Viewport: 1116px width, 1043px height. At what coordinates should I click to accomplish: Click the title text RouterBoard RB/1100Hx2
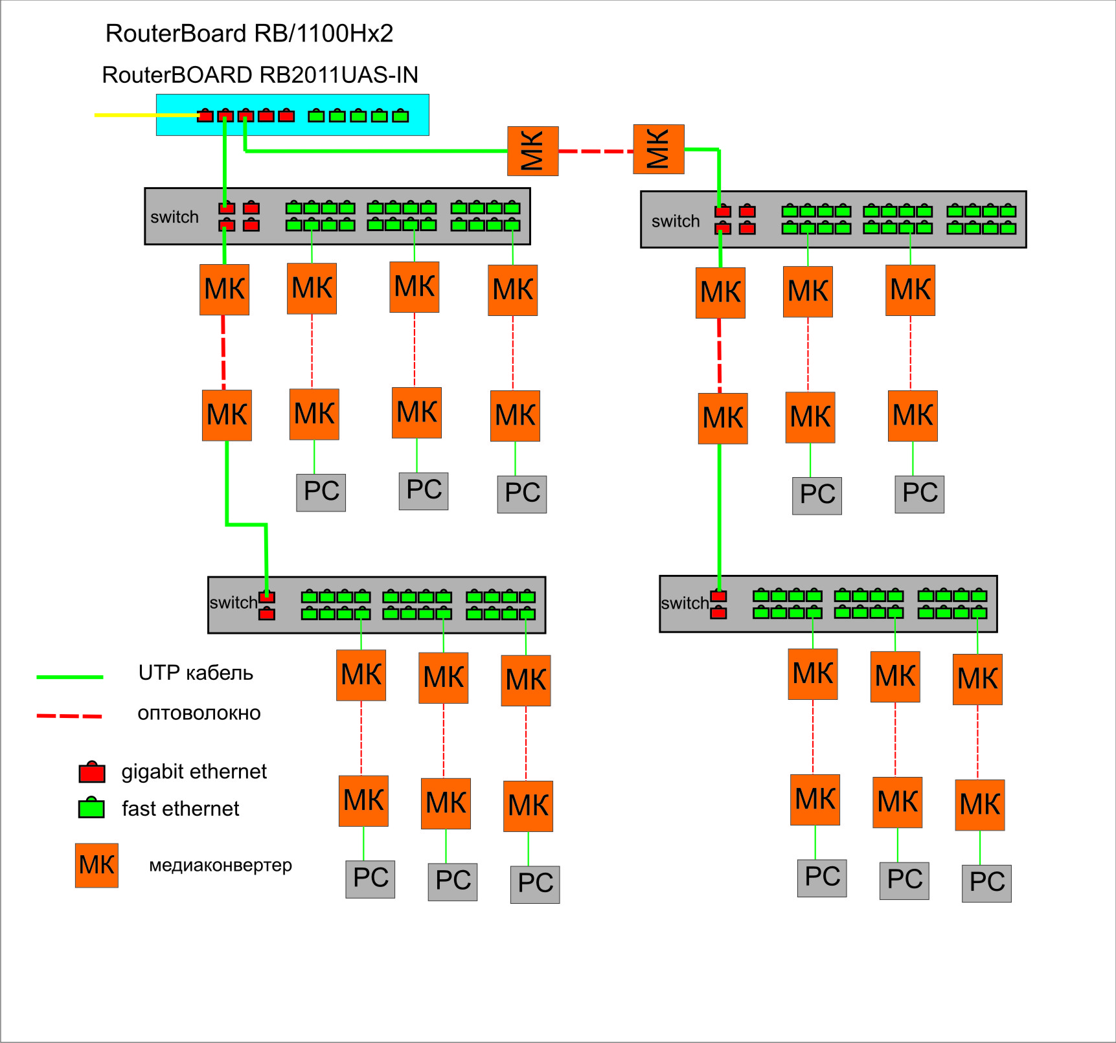point(249,34)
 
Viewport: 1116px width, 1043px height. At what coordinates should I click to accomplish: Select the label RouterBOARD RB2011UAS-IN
point(260,75)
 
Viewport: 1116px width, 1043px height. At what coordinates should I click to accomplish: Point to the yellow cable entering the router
point(142,115)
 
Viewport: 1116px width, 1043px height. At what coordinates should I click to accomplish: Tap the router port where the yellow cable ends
point(205,116)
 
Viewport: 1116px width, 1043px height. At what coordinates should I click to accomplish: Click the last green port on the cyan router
point(401,116)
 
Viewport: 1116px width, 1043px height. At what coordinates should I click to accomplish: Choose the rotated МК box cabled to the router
point(532,151)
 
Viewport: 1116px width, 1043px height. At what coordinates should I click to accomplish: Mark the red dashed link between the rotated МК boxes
point(595,151)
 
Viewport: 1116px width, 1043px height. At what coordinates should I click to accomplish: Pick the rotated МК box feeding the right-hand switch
point(658,150)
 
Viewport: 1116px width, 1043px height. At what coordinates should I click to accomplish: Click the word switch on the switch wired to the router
point(174,217)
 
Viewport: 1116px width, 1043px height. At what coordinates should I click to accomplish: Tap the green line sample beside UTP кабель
point(70,677)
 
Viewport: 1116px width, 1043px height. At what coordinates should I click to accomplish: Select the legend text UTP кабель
point(196,673)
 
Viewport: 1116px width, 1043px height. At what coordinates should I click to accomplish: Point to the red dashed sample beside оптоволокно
point(69,716)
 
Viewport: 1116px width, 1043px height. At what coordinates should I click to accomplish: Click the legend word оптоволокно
point(199,713)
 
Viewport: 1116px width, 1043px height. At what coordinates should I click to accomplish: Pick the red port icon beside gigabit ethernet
point(92,772)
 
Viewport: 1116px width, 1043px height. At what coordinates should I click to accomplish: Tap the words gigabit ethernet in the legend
point(194,772)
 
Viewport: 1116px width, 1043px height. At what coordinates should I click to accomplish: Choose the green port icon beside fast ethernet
point(91,808)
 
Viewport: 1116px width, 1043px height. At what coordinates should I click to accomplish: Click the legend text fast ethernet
point(180,809)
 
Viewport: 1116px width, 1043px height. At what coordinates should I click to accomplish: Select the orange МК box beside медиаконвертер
point(97,865)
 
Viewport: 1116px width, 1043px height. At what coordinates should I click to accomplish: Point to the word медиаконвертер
point(220,866)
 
